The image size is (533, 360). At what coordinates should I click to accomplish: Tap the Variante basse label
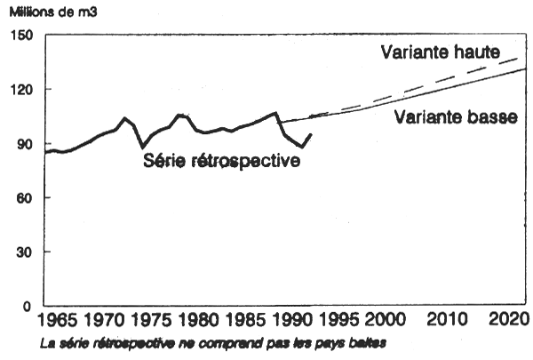point(457,116)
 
